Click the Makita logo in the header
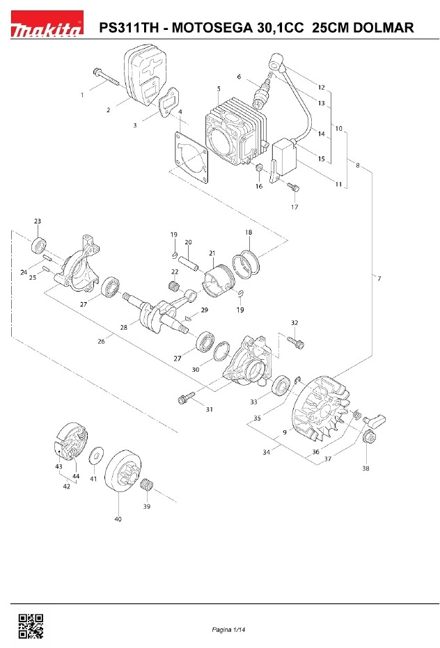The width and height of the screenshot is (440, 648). click(46, 29)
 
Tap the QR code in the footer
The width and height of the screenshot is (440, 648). click(30, 626)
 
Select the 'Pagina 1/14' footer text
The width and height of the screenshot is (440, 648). click(230, 630)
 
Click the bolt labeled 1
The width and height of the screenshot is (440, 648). click(105, 78)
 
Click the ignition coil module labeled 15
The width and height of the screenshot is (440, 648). click(286, 156)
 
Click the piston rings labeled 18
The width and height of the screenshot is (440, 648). click(248, 264)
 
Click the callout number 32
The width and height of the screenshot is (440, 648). click(294, 323)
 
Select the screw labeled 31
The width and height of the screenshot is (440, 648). click(186, 399)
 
